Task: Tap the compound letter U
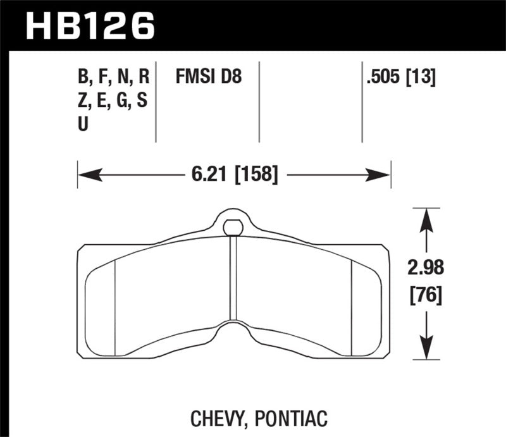tap(83, 125)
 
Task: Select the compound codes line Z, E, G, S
tap(113, 101)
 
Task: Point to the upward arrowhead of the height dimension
tap(427, 218)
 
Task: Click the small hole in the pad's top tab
tap(233, 226)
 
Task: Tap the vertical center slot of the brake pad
tap(233, 278)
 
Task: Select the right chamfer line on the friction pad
tap(351, 297)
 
